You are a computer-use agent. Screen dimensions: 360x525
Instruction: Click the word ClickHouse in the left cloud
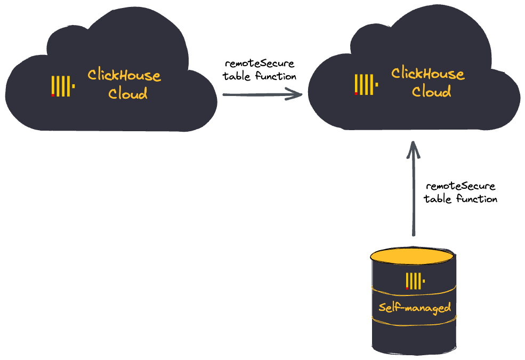click(124, 75)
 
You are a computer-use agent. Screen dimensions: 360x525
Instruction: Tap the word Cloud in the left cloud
click(128, 94)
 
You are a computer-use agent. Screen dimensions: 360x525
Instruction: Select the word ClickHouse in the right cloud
click(427, 74)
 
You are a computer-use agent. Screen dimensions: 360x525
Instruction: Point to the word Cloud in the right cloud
click(431, 92)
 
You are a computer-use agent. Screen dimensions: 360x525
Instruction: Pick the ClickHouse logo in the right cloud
click(366, 84)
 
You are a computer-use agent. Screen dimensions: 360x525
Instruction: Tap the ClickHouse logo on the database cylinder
click(415, 281)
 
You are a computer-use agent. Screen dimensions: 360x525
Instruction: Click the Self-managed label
click(415, 308)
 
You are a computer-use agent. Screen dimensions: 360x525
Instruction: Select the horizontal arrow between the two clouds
click(261, 95)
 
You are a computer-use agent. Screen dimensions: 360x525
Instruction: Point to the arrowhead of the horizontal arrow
click(296, 94)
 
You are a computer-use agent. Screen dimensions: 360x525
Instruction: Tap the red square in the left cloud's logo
click(53, 95)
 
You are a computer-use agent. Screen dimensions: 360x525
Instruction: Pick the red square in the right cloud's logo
click(356, 93)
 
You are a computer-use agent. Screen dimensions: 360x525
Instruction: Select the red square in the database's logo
click(407, 288)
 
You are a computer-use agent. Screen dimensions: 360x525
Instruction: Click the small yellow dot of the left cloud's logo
click(74, 86)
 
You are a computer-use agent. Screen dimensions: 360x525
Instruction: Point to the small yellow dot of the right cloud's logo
click(377, 84)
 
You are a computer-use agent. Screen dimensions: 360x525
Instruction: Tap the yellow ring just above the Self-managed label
click(414, 292)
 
